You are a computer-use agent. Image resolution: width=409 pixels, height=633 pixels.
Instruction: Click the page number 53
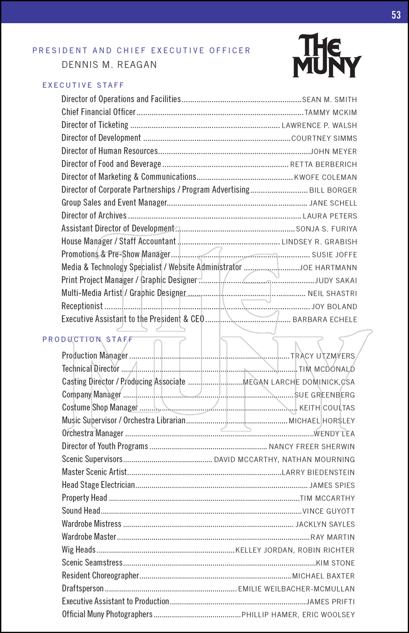(396, 15)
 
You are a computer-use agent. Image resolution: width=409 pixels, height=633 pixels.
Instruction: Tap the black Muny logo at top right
(327, 56)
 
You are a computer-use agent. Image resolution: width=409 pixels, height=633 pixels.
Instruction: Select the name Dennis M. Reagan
(109, 65)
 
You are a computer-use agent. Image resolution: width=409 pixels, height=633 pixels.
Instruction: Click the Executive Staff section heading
(83, 85)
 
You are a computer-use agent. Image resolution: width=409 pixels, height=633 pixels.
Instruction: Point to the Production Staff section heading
(88, 340)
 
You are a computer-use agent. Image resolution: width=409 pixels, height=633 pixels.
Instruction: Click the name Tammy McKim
(330, 113)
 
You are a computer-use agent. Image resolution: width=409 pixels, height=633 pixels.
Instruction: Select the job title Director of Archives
(94, 216)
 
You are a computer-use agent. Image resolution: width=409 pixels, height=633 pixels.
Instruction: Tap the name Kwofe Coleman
(325, 177)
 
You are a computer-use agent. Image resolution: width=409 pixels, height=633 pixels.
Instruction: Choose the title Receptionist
(82, 306)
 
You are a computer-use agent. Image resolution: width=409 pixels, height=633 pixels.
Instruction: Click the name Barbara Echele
(324, 319)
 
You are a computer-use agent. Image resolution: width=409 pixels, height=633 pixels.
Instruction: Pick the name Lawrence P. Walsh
(319, 125)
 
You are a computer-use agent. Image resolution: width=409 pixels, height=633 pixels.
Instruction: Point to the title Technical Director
(91, 369)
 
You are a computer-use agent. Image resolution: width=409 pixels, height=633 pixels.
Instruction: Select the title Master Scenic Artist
(94, 472)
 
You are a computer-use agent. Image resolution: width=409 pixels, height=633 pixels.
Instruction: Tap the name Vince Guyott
(329, 511)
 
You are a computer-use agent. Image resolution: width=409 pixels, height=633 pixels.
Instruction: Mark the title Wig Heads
(79, 550)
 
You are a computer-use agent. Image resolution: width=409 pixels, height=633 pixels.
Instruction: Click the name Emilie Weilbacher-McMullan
(296, 589)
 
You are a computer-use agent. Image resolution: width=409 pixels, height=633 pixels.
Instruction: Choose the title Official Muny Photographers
(107, 614)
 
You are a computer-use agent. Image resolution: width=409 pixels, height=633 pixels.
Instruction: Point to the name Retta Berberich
(323, 164)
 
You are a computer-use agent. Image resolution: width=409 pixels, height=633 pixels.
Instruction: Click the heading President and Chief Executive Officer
(142, 51)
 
